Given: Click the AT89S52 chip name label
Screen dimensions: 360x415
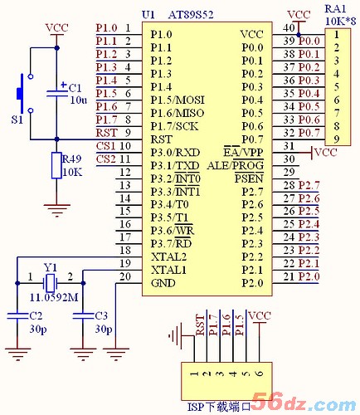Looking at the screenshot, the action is [x=191, y=15].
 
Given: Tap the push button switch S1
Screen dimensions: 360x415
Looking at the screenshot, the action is [x=24, y=93].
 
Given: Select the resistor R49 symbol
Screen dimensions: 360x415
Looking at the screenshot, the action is [x=56, y=165].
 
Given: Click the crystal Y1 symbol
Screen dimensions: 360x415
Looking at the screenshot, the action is [x=51, y=283].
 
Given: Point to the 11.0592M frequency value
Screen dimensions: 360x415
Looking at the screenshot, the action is [x=54, y=298].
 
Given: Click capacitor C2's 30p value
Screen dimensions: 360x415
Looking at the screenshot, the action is [x=38, y=329].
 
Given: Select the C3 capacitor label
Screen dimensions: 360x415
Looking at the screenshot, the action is [x=101, y=315].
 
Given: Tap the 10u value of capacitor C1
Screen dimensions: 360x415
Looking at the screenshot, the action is [x=79, y=100].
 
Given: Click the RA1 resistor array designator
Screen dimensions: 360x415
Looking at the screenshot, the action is [x=335, y=9].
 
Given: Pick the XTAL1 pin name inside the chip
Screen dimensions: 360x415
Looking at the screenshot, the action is [x=168, y=270].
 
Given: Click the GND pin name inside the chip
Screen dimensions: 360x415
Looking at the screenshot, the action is [x=163, y=283].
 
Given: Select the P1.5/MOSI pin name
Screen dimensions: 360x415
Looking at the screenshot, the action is [x=178, y=100].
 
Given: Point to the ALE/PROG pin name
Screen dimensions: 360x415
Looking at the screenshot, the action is [x=236, y=165].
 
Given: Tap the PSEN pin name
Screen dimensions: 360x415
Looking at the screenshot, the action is [x=249, y=178].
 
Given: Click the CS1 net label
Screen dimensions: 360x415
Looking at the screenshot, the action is [x=105, y=146].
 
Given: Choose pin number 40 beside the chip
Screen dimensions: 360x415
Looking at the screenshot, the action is [x=289, y=27].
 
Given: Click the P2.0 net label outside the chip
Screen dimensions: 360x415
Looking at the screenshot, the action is [x=309, y=276].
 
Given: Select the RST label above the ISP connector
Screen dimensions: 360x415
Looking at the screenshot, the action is [x=200, y=325].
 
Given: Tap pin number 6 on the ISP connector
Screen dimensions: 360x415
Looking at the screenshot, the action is [x=260, y=373].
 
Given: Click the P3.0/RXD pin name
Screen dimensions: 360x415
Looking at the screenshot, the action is [x=175, y=153].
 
